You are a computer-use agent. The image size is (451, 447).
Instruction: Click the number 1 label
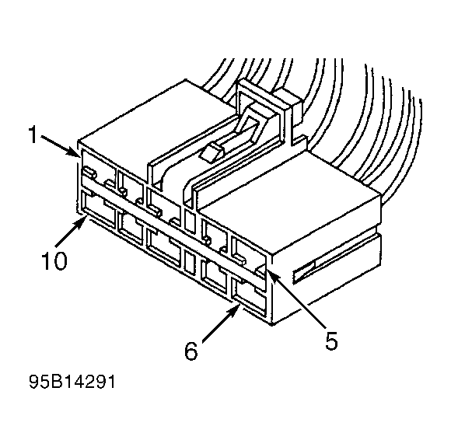(33, 137)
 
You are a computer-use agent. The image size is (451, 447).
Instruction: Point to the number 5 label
(332, 340)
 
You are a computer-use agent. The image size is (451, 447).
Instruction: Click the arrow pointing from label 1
(59, 145)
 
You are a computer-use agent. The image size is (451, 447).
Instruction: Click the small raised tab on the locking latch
(211, 151)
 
